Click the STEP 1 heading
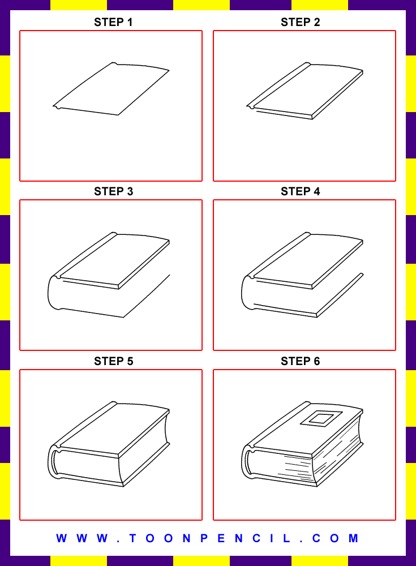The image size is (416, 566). [x=113, y=23]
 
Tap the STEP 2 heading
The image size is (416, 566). [x=301, y=23]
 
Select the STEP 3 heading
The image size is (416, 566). [x=113, y=191]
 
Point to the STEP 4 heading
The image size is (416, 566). [x=301, y=191]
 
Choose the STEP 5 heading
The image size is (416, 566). [x=113, y=361]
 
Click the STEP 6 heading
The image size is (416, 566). [x=301, y=361]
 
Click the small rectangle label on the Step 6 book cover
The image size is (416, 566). [x=321, y=419]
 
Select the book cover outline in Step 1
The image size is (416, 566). [x=111, y=89]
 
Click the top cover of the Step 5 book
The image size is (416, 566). [x=114, y=429]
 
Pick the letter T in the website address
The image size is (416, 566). [x=132, y=538]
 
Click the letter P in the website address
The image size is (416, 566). [x=204, y=538]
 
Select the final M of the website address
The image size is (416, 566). [x=353, y=538]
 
